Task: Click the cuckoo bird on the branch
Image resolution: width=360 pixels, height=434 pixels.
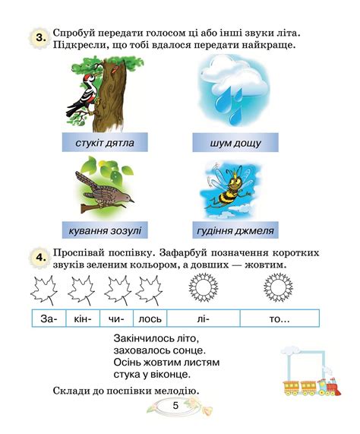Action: tap(105, 189)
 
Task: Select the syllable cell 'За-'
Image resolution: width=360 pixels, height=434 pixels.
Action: tap(49, 319)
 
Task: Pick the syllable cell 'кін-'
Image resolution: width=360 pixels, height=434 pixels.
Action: tap(83, 319)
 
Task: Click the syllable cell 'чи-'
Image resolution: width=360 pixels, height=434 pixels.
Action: tap(115, 319)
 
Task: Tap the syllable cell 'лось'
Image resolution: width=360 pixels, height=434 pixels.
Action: tap(150, 319)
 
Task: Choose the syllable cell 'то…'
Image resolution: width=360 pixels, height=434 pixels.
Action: tap(279, 319)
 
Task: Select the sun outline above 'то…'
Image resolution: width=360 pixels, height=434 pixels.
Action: tap(278, 289)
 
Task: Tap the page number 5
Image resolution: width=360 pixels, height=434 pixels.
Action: tap(175, 405)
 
